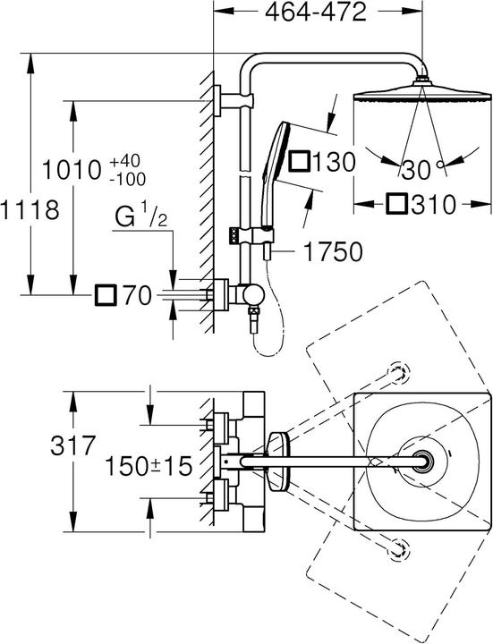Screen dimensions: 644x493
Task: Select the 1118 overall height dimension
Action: (30, 211)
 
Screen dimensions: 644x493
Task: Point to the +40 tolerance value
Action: (125, 160)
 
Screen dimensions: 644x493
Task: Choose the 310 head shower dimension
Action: (436, 204)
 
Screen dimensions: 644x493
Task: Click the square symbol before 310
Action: (400, 204)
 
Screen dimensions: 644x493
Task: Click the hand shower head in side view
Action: (273, 152)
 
